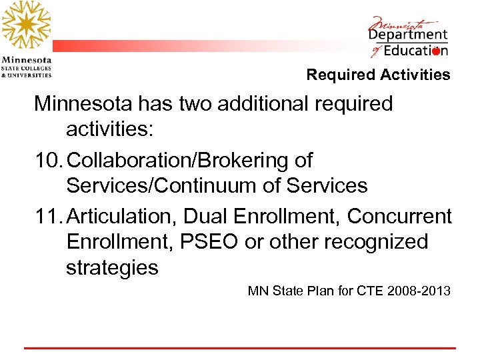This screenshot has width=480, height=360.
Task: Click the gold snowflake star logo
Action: [26, 25]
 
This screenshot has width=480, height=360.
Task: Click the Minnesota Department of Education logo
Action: [409, 37]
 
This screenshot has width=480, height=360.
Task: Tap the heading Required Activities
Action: [378, 75]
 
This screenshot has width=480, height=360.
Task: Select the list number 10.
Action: [48, 161]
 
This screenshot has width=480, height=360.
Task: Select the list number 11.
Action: [48, 216]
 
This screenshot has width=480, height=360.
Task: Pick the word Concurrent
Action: [400, 216]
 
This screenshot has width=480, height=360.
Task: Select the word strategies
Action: [112, 267]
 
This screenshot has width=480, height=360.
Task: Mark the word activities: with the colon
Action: [110, 129]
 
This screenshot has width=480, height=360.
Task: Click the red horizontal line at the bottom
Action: [240, 348]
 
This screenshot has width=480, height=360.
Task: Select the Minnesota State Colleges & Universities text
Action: [26, 66]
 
